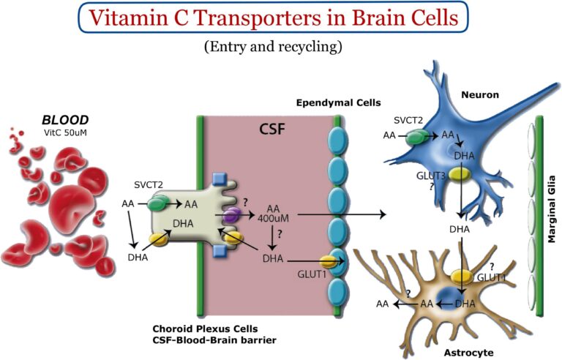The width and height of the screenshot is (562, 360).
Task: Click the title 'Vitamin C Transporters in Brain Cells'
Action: pyautogui.click(x=280, y=18)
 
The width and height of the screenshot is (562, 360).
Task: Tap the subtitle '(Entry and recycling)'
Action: pyautogui.click(x=281, y=46)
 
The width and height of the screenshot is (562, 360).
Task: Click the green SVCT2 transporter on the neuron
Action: pyautogui.click(x=416, y=136)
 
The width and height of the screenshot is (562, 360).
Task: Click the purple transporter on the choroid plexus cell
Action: pyautogui.click(x=231, y=216)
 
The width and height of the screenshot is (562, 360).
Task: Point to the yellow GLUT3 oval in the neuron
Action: pyautogui.click(x=460, y=174)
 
